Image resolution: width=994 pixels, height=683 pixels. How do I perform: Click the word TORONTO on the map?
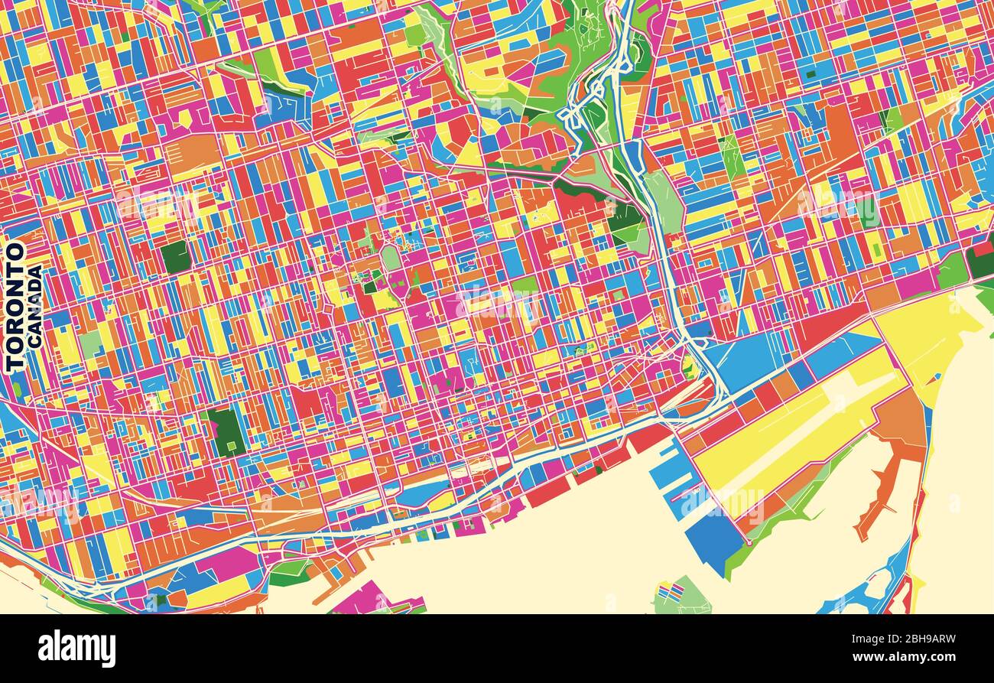(15, 307)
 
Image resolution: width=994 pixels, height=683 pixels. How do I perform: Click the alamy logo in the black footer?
(76, 649)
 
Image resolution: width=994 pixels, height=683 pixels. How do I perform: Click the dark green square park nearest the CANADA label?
(176, 257)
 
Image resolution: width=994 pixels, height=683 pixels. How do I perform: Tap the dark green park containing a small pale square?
(226, 433)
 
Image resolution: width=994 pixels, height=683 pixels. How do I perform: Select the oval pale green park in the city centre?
(391, 258)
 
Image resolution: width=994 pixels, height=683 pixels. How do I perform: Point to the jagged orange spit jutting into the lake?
(879, 489)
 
